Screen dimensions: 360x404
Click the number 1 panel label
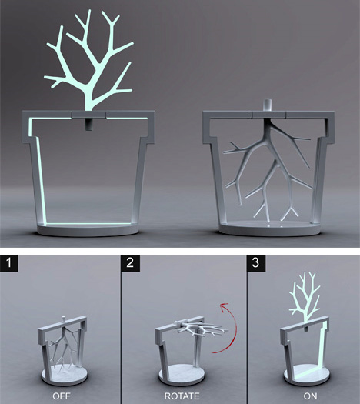click(9, 263)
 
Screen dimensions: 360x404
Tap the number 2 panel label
click(130, 263)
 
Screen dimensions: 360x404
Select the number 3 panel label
click(256, 263)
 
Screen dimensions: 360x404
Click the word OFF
click(62, 396)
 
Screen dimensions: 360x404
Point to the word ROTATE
click(182, 396)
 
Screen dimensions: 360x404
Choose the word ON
click(310, 396)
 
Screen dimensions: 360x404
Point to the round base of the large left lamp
click(88, 230)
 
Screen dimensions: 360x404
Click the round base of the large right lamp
click(269, 229)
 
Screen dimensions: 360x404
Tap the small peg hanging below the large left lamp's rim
click(88, 125)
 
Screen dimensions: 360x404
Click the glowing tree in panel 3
click(305, 296)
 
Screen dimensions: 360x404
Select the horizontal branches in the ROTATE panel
click(201, 329)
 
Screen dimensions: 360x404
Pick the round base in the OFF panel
click(65, 375)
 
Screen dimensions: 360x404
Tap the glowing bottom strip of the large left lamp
click(88, 224)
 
